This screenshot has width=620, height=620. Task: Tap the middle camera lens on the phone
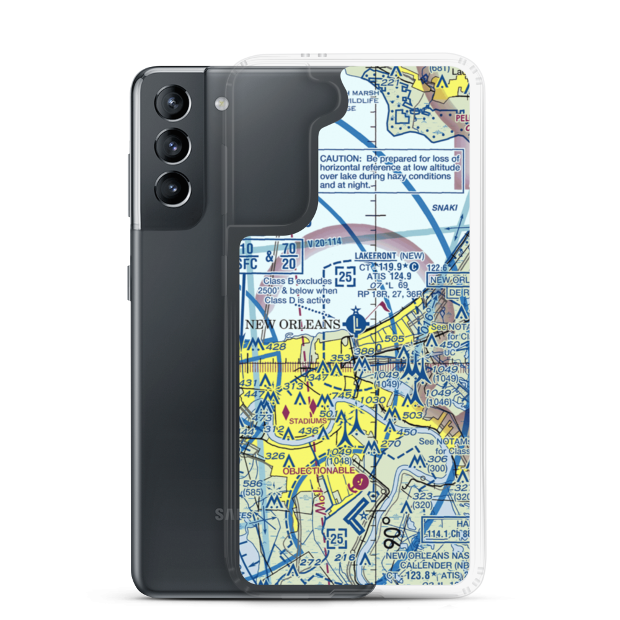[170, 147]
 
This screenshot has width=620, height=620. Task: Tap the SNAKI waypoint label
[446, 208]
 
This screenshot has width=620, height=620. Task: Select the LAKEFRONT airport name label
[374, 255]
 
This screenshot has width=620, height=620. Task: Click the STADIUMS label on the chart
[306, 421]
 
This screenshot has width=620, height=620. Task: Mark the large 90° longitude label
[396, 532]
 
